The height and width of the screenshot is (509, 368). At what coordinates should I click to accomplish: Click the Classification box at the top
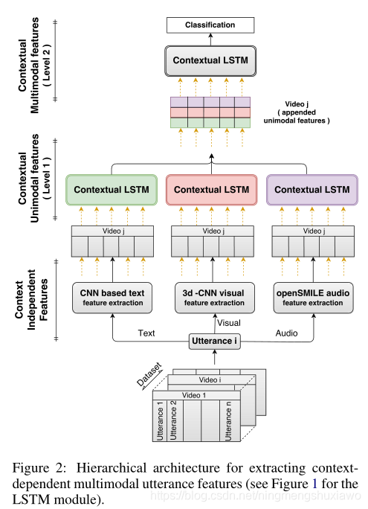[x=210, y=25]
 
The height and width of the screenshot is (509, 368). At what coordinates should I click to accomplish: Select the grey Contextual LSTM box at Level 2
[x=210, y=59]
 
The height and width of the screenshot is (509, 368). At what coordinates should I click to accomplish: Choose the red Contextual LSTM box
[x=212, y=190]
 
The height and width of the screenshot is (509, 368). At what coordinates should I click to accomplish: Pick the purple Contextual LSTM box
[x=311, y=190]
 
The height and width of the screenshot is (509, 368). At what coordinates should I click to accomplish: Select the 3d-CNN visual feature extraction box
[x=214, y=297]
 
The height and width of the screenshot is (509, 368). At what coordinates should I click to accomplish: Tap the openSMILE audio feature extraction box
[x=313, y=297]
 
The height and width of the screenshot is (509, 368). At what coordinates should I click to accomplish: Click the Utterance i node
[x=214, y=341]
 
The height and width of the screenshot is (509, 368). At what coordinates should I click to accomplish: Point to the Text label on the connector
[x=146, y=333]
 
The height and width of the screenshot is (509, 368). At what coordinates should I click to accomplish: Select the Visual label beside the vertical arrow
[x=229, y=322]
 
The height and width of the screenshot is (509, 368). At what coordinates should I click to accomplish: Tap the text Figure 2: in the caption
[x=39, y=469]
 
